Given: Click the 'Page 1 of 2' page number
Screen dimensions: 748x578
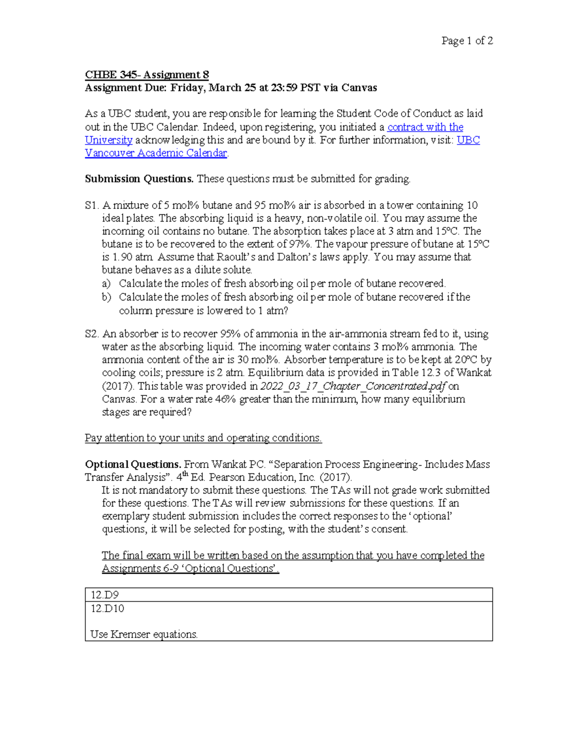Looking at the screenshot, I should click(467, 41).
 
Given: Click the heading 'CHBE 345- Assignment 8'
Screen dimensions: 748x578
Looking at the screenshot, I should click(147, 75).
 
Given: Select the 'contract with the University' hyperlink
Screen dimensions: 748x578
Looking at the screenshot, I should click(425, 127).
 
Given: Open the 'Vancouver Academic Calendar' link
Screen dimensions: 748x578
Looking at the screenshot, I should click(156, 153).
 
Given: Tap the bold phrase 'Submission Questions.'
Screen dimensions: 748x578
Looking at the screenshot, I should click(139, 179).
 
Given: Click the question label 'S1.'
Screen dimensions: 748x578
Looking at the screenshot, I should click(92, 206).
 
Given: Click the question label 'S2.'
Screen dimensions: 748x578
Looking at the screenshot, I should click(92, 334).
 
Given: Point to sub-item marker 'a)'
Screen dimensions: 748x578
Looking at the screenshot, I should click(106, 284).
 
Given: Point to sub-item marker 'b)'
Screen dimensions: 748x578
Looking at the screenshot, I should click(106, 297).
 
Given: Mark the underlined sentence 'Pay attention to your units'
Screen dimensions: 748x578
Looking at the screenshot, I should click(203, 438).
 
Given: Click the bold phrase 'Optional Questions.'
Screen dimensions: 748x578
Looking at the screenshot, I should click(133, 465).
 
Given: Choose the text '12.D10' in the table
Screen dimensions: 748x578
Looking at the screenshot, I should click(107, 609).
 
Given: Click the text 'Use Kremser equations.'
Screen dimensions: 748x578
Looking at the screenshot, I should click(144, 635).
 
